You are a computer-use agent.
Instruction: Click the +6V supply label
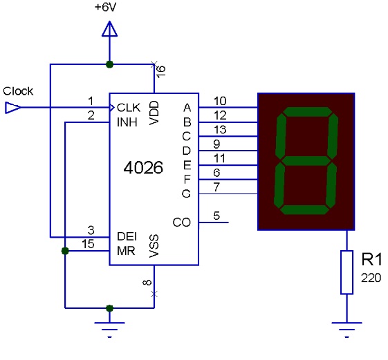tap(105, 7)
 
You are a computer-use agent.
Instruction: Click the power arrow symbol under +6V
tap(109, 29)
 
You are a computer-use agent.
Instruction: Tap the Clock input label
tap(18, 91)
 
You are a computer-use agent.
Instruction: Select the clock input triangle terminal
tap(13, 108)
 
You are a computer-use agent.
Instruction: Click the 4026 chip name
tap(143, 168)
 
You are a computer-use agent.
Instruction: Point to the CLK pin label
tap(129, 108)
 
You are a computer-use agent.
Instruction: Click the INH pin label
tap(127, 122)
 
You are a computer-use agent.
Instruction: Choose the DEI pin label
tap(127, 236)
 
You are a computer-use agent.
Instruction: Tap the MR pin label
tap(126, 251)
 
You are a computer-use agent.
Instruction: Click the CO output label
tap(182, 222)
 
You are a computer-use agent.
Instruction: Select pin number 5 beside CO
tap(216, 216)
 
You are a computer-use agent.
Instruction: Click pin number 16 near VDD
tap(161, 72)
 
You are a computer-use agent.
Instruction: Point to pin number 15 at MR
tap(88, 244)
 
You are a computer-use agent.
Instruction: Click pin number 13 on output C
tap(220, 130)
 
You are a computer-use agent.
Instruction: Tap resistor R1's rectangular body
tap(347, 272)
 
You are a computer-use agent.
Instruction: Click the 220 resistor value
tap(371, 278)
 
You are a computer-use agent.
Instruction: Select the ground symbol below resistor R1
tap(347, 330)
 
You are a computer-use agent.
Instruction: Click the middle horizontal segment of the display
tap(306, 161)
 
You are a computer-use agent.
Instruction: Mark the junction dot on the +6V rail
tap(109, 64)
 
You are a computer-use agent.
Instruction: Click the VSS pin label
tap(154, 246)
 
